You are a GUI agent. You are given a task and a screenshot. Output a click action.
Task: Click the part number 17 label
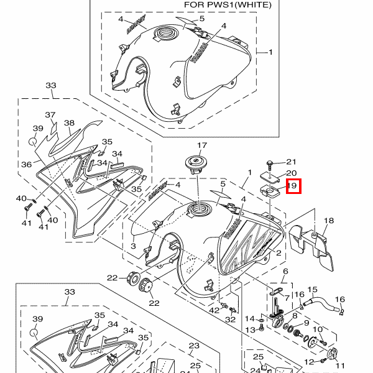(201, 146)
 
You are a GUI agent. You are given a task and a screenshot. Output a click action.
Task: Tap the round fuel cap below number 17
(196, 165)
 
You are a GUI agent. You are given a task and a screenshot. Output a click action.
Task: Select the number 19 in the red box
(293, 185)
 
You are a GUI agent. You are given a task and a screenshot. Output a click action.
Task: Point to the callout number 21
(292, 162)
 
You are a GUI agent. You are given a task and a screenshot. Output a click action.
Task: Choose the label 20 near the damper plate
(291, 173)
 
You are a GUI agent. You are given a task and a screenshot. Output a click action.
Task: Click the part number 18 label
(329, 221)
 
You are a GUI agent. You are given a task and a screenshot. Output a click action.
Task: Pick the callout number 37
(50, 115)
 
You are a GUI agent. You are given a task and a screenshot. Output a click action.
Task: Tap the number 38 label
(69, 123)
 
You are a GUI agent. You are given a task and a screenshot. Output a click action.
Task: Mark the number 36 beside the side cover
(26, 165)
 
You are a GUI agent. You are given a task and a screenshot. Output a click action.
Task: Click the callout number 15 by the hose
(313, 290)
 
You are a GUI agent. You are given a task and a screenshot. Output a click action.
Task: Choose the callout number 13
(250, 329)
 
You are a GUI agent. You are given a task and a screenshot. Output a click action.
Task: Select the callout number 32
(231, 320)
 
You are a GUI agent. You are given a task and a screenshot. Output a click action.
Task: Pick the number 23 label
(194, 346)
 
